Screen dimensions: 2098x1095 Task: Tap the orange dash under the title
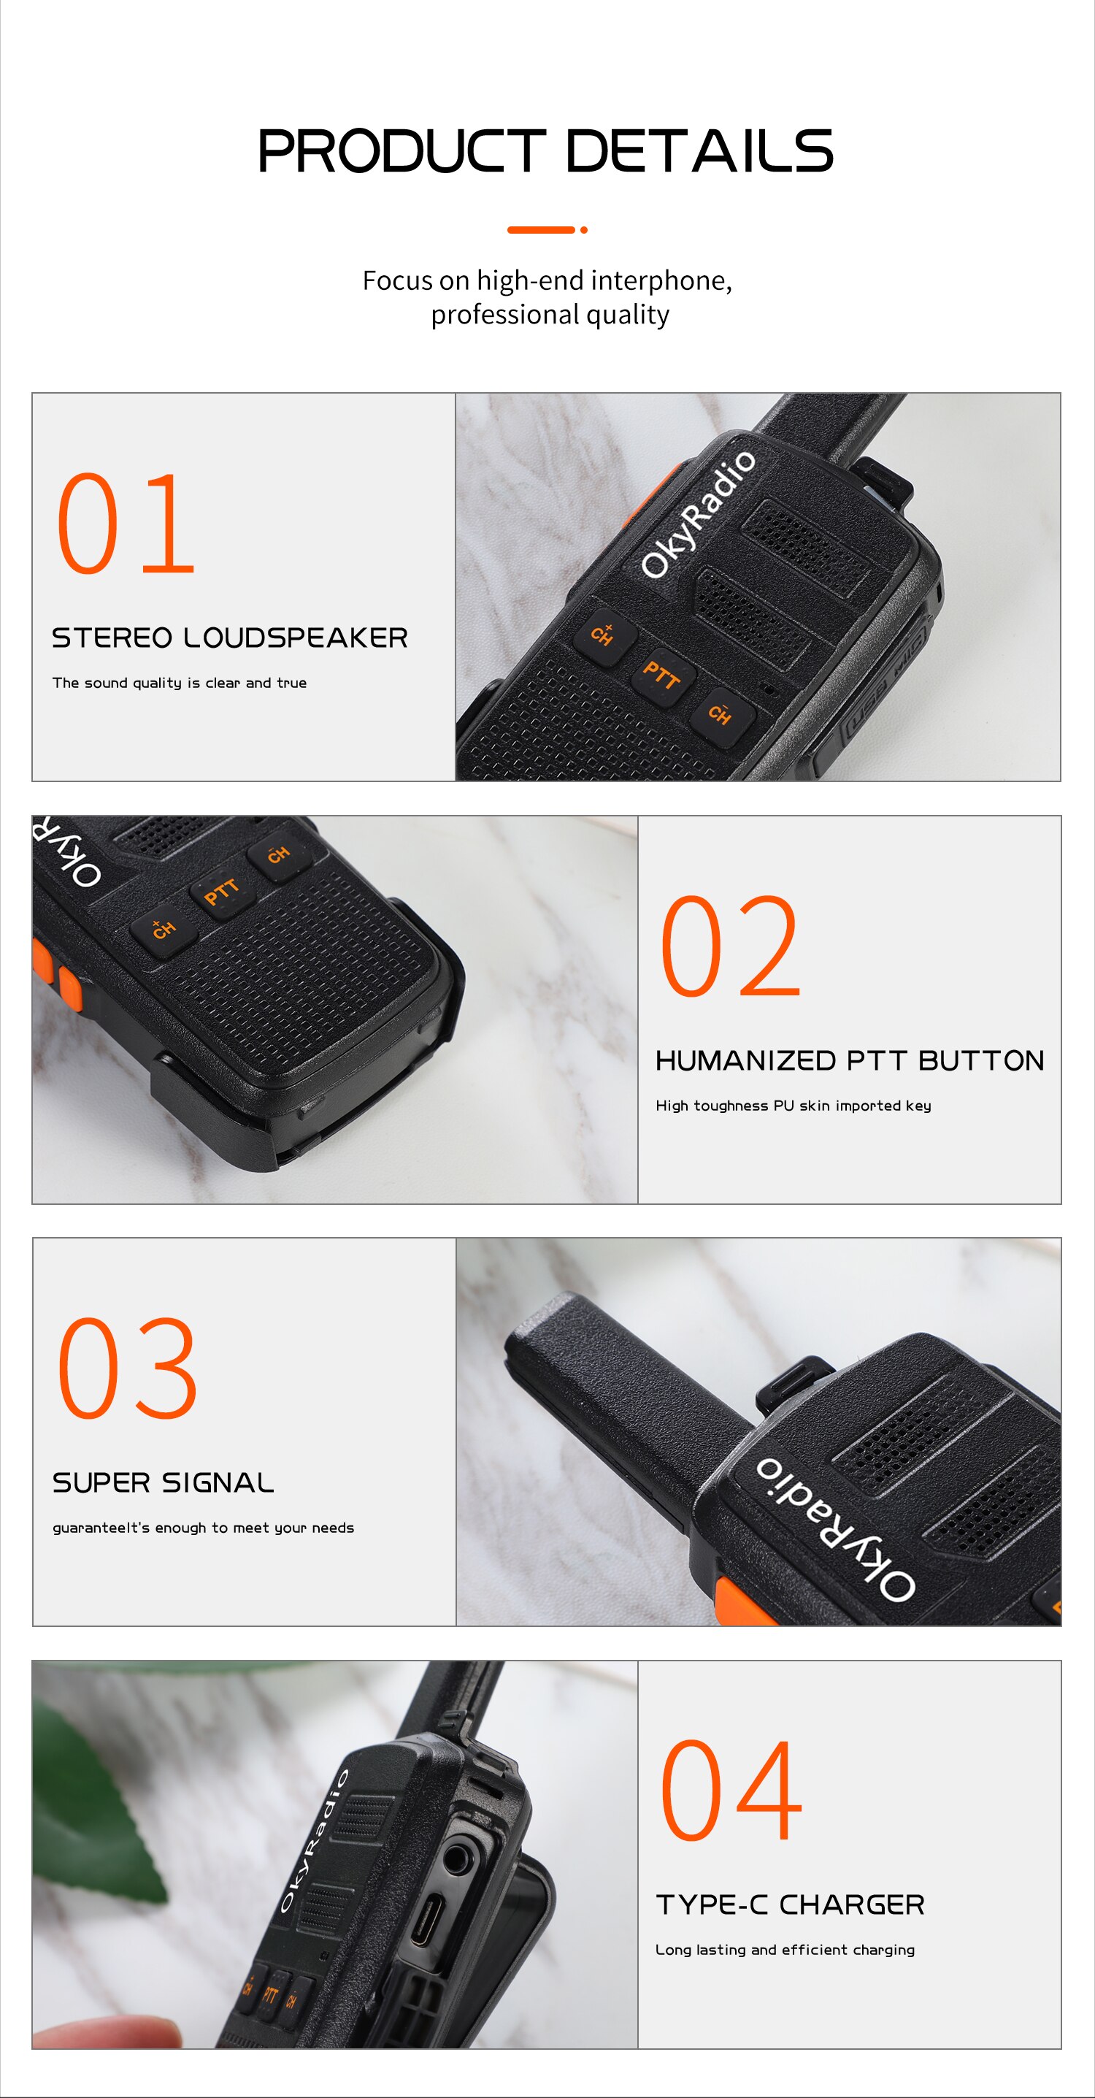point(542,230)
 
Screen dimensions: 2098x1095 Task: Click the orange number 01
point(126,524)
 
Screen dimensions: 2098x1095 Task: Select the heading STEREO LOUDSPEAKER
point(229,638)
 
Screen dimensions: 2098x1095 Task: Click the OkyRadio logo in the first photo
point(698,515)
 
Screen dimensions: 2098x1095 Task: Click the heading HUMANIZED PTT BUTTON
point(849,1060)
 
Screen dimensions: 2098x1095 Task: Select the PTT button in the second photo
point(221,892)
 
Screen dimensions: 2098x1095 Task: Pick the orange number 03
point(127,1368)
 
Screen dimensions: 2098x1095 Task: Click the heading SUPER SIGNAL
point(163,1482)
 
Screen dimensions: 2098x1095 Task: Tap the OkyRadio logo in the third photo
point(834,1528)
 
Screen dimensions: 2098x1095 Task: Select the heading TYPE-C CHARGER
point(790,1905)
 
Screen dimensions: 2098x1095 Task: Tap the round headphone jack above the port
point(457,1858)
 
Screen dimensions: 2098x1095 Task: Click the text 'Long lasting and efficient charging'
point(785,1950)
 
